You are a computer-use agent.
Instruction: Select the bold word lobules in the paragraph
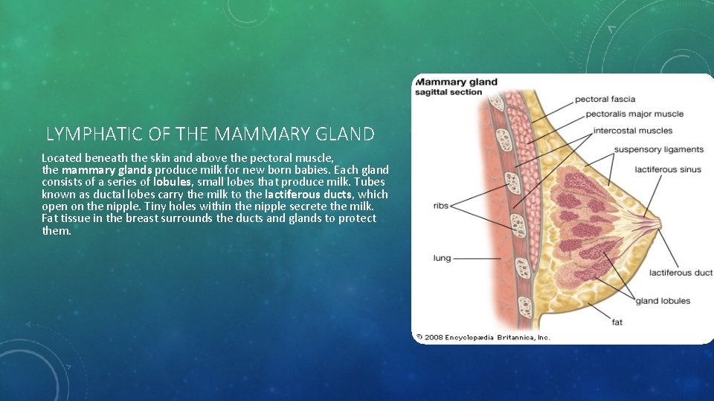(x=173, y=181)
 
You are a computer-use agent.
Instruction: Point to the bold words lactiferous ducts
(x=301, y=194)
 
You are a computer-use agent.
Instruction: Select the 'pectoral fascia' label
(x=605, y=99)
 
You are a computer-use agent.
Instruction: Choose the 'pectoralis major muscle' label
(x=634, y=114)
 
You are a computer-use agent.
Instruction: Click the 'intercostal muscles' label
(x=632, y=131)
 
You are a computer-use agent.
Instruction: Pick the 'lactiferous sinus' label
(x=667, y=169)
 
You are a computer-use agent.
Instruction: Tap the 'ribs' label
(x=440, y=206)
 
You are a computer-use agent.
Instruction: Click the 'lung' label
(x=442, y=258)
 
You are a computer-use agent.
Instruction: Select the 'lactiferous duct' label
(x=681, y=273)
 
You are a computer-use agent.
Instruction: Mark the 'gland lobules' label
(x=663, y=301)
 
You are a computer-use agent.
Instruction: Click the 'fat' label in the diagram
(x=617, y=322)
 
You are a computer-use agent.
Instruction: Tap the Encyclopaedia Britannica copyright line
(x=483, y=337)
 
